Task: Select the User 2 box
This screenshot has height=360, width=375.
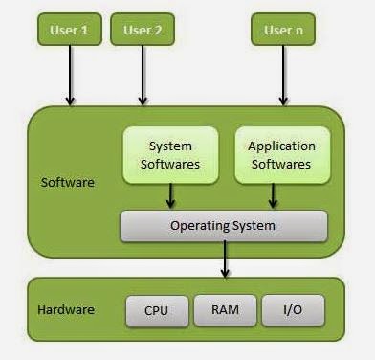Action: [143, 30]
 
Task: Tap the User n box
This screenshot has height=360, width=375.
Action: [283, 30]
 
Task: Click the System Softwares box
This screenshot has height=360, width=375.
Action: [171, 154]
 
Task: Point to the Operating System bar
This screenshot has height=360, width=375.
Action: [223, 226]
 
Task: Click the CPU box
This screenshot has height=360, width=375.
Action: [156, 310]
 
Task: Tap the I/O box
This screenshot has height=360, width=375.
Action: [292, 310]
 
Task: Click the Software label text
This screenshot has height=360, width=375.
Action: [67, 182]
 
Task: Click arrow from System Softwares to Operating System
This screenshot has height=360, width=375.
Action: [171, 196]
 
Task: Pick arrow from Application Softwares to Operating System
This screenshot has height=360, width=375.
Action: [274, 196]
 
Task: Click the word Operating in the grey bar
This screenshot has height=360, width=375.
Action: [200, 226]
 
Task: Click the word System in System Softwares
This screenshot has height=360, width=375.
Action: [171, 146]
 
